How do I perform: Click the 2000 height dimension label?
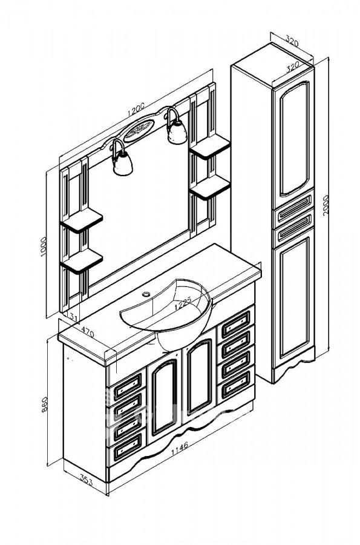[x=325, y=205]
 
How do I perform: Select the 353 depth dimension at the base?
[x=86, y=480]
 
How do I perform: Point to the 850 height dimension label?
[x=44, y=405]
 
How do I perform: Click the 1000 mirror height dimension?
[x=43, y=246]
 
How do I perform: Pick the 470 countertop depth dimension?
[x=87, y=331]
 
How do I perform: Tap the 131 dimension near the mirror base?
[x=72, y=316]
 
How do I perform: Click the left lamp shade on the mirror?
[x=123, y=163]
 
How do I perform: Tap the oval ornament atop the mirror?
[x=139, y=130]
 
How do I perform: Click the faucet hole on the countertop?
[x=146, y=294]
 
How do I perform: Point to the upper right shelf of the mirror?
[x=210, y=146]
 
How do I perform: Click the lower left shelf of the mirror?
[x=82, y=261]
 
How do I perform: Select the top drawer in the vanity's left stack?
[x=126, y=383]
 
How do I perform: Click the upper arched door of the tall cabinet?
[x=293, y=139]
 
